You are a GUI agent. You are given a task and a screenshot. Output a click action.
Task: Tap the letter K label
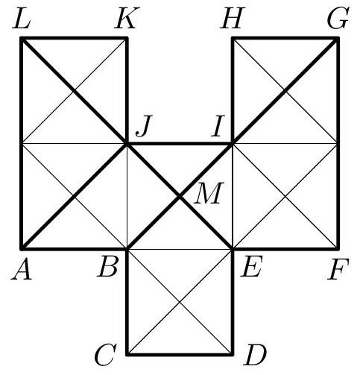tap(127, 18)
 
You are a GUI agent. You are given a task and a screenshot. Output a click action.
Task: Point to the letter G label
tap(338, 18)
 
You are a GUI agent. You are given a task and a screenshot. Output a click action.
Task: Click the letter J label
tap(144, 126)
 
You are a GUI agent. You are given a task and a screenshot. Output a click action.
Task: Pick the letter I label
tap(218, 126)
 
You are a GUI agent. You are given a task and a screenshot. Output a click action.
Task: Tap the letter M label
tap(209, 193)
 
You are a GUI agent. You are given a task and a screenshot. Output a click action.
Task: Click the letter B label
tap(107, 268)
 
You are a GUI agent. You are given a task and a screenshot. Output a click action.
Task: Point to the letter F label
tap(338, 269)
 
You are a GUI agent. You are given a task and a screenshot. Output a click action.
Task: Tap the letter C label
tap(105, 355)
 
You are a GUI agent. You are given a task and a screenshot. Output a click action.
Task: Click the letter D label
tap(255, 355)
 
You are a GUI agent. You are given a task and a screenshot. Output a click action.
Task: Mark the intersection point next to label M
tap(180, 196)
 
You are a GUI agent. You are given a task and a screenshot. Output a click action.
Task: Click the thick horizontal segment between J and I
tap(180, 144)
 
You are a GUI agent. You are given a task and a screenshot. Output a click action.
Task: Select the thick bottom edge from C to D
tap(180, 354)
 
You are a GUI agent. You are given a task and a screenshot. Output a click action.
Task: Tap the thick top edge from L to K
tap(74, 38)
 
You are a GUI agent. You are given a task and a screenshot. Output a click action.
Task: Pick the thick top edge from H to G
tap(285, 38)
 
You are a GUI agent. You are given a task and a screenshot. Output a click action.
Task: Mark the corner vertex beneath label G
tap(338, 38)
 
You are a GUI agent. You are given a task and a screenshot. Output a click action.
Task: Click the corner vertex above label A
tap(22, 248)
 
